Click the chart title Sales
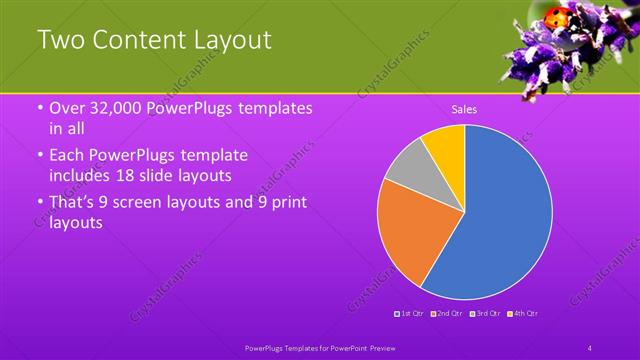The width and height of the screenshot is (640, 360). [464, 109]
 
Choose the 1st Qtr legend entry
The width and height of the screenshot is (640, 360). [410, 314]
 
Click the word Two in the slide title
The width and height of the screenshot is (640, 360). [59, 40]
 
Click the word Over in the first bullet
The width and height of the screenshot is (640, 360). [67, 108]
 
